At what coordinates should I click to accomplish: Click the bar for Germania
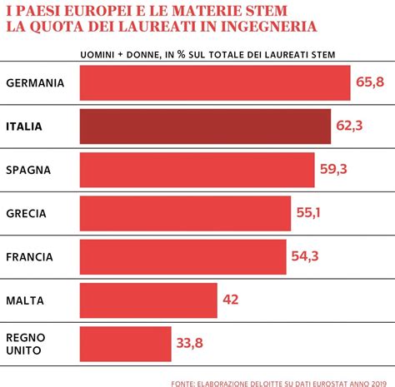tap(215, 83)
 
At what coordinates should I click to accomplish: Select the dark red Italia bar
tap(206, 127)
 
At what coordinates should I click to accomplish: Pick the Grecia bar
tap(186, 213)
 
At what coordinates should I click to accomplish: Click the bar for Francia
tap(183, 256)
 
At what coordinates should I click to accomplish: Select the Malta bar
tap(148, 300)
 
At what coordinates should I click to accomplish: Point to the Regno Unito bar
tap(125, 342)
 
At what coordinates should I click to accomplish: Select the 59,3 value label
tap(333, 170)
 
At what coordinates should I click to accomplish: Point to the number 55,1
tap(308, 213)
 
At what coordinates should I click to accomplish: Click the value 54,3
tap(305, 256)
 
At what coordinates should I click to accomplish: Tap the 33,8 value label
tap(189, 342)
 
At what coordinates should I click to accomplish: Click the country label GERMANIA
tap(35, 83)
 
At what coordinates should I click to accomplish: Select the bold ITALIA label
tap(29, 127)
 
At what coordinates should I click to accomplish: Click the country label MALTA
tap(27, 300)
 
